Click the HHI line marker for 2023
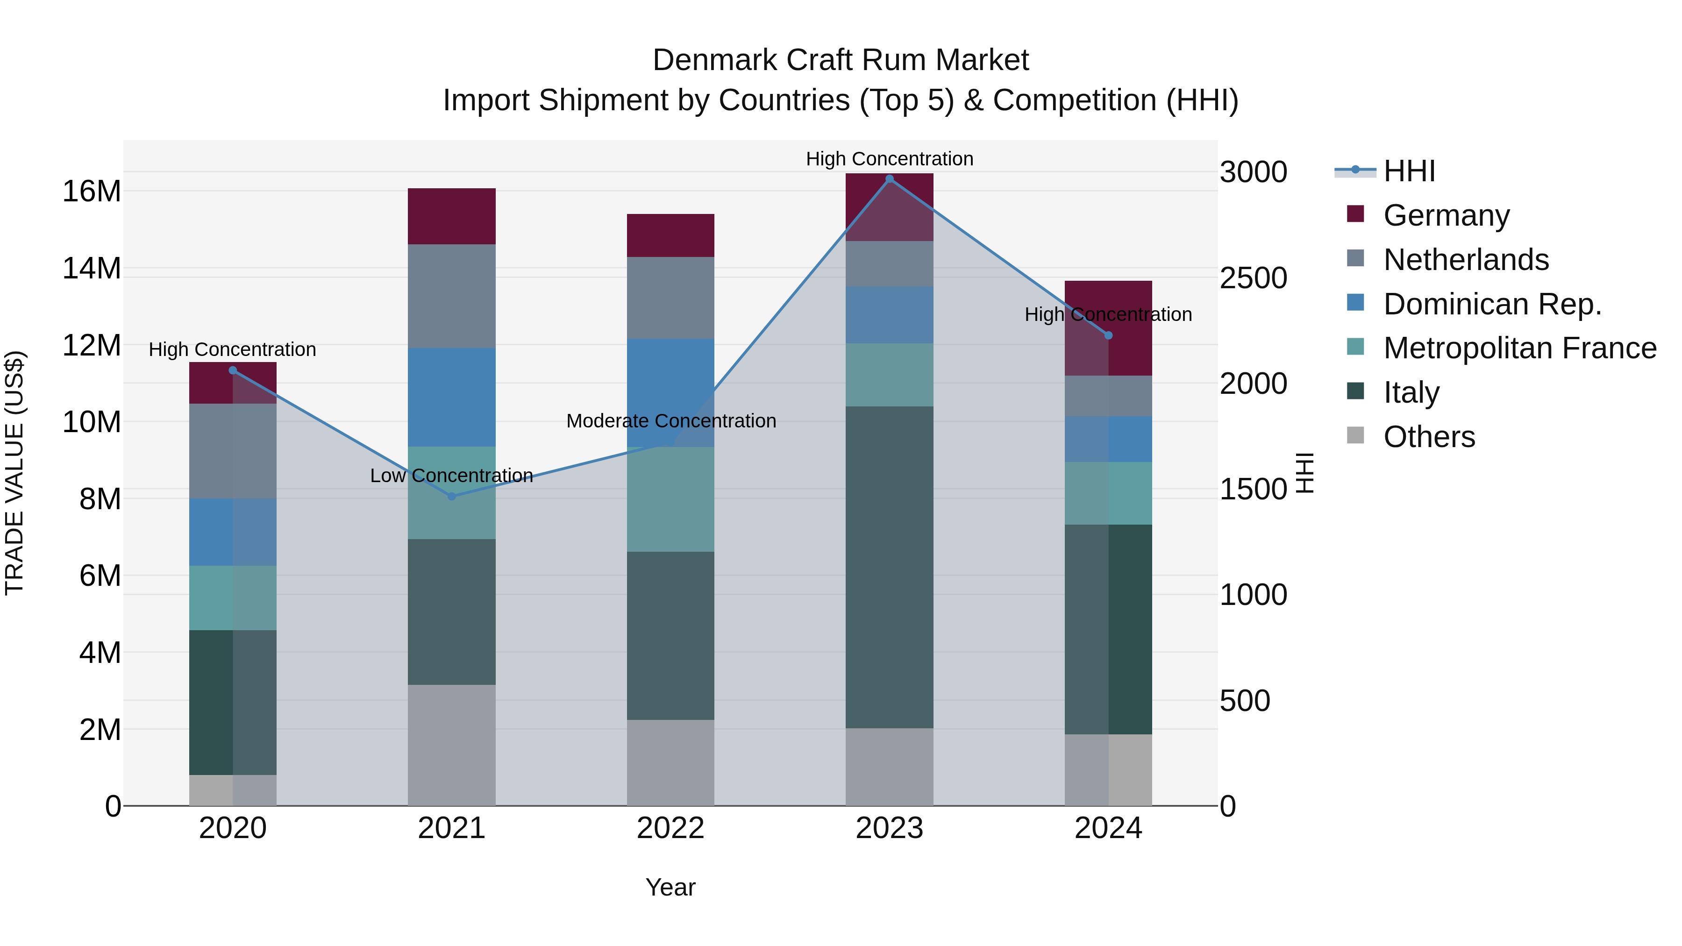point(889,179)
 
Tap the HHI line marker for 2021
point(451,496)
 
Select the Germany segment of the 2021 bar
point(451,216)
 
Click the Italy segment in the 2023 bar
point(889,567)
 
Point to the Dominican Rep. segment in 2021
point(451,397)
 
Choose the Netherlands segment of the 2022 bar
point(670,298)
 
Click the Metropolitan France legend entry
point(1519,348)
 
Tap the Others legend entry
point(1429,437)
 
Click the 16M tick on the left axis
point(92,191)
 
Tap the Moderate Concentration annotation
point(670,421)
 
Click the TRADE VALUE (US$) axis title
point(14,473)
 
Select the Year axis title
point(670,887)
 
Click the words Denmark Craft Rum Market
point(841,60)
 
